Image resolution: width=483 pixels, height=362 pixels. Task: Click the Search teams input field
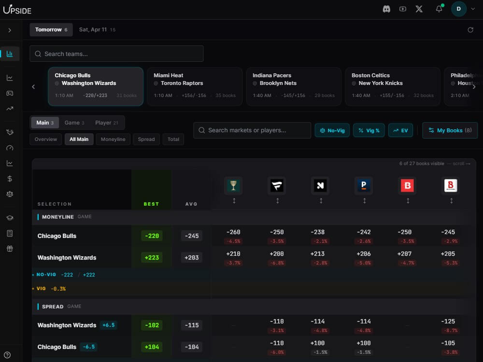tap(116, 54)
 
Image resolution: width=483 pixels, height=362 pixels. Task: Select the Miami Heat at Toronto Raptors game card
tap(195, 86)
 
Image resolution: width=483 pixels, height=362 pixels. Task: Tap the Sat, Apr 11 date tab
tap(97, 29)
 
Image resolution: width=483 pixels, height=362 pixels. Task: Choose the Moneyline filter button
tap(113, 139)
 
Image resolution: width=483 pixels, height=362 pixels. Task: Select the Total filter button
tap(173, 139)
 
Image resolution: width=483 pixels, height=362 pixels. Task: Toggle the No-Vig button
tap(333, 130)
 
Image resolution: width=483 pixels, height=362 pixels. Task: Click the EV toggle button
tap(400, 130)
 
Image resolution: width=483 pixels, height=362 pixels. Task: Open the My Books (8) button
tap(450, 130)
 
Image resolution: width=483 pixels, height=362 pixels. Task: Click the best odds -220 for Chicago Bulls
tap(152, 236)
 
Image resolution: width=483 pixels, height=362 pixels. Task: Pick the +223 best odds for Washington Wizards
tap(152, 258)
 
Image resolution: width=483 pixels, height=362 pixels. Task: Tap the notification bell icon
tap(439, 9)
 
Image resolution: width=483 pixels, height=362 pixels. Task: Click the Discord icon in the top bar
tap(386, 9)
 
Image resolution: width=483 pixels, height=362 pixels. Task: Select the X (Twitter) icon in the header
tap(419, 9)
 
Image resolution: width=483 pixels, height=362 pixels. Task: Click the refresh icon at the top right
tap(470, 30)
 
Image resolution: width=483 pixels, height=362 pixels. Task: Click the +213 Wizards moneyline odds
tap(321, 254)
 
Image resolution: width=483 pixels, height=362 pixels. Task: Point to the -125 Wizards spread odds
tap(451, 321)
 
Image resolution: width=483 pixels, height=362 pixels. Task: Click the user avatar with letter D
tap(458, 9)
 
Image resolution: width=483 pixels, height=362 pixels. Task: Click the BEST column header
tap(151, 204)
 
